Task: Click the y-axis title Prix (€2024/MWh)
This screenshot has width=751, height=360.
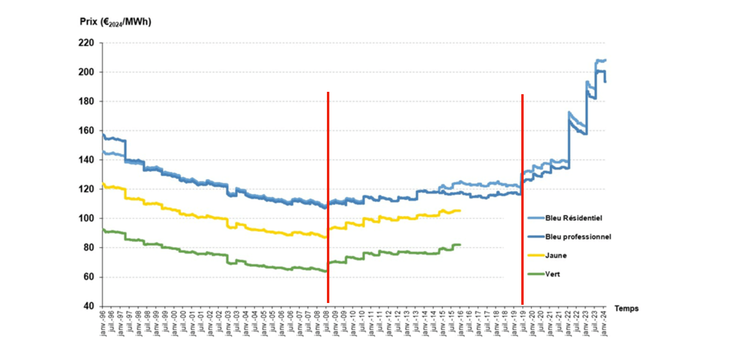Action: (x=115, y=22)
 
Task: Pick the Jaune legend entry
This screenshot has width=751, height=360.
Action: (x=556, y=256)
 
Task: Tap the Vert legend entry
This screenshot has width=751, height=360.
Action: (x=553, y=275)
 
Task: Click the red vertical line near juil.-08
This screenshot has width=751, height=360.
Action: (x=328, y=198)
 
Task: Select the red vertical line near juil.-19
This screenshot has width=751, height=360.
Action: (x=522, y=198)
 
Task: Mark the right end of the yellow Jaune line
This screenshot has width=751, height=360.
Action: (x=460, y=211)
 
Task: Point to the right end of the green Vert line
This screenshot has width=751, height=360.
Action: (x=460, y=244)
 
